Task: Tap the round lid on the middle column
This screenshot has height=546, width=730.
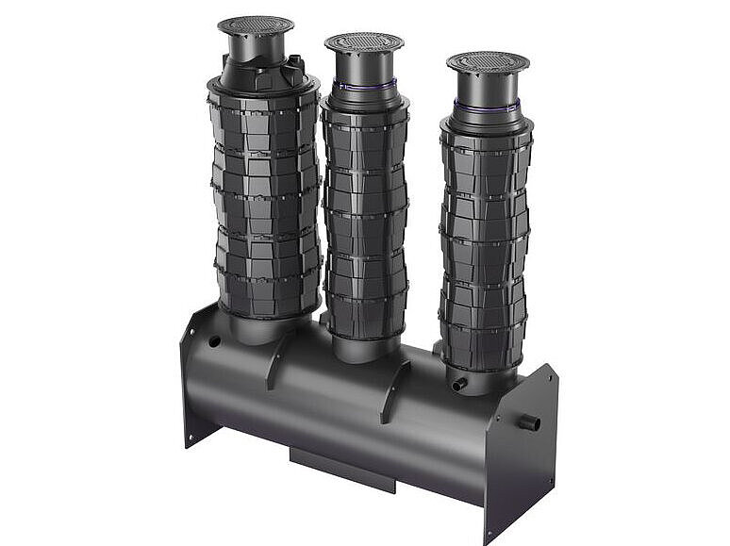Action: tap(363, 42)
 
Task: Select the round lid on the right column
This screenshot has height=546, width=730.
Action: tap(487, 62)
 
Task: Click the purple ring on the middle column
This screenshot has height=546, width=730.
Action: tap(364, 86)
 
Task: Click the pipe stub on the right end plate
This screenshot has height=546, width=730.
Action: tap(528, 422)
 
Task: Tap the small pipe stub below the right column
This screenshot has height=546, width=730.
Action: tap(459, 384)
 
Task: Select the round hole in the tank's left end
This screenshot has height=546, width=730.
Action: tap(214, 340)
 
